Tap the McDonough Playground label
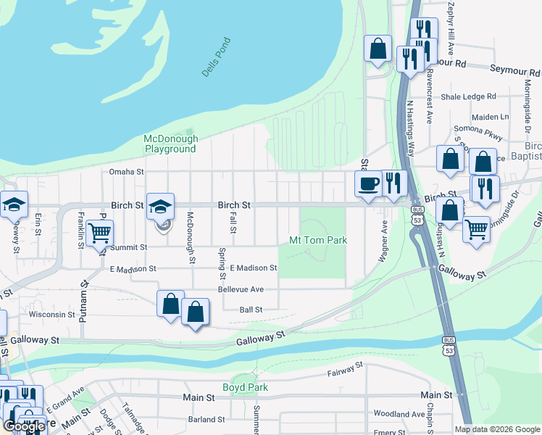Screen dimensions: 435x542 (x=170, y=144)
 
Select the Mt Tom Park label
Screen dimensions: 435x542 (x=318, y=240)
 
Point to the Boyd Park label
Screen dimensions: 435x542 (x=245, y=387)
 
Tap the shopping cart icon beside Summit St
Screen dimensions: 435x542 (x=99, y=233)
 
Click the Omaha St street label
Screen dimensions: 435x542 (x=127, y=172)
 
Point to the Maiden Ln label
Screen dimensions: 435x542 (x=490, y=117)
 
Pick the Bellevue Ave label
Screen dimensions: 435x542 (x=241, y=289)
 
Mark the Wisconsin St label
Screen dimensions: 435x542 (x=51, y=315)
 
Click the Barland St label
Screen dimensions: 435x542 (x=207, y=419)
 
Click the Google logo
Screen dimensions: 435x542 (x=24, y=426)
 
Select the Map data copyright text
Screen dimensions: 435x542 (x=497, y=429)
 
